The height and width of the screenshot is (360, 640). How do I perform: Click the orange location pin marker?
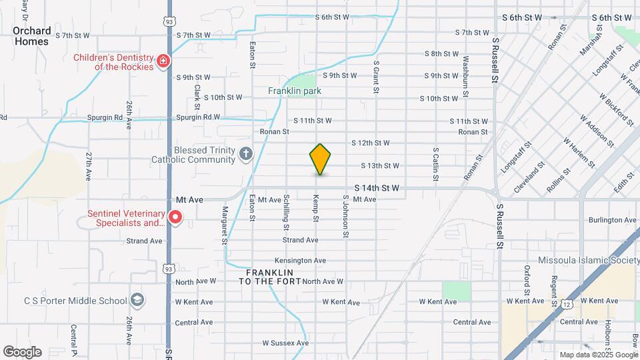pos(320,159)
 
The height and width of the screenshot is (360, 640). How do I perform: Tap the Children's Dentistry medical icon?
pos(163,62)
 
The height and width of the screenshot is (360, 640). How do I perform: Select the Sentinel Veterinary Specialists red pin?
pos(175,217)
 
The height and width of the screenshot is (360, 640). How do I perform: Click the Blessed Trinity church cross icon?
pos(246,155)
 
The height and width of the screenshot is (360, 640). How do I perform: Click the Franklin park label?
pos(295,91)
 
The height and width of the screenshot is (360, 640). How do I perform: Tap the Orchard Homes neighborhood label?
pos(31,36)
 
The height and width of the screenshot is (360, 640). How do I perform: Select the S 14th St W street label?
pos(377,189)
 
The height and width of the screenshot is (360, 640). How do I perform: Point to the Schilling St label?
pos(286,209)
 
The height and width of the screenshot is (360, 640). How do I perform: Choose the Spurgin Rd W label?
pos(198,117)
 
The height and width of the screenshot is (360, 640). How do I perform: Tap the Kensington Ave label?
pos(300,261)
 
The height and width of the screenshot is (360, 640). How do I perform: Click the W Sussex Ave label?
pos(285,343)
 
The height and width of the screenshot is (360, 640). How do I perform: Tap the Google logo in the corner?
pos(22,352)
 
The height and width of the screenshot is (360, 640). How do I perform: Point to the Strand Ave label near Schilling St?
pos(300,240)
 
